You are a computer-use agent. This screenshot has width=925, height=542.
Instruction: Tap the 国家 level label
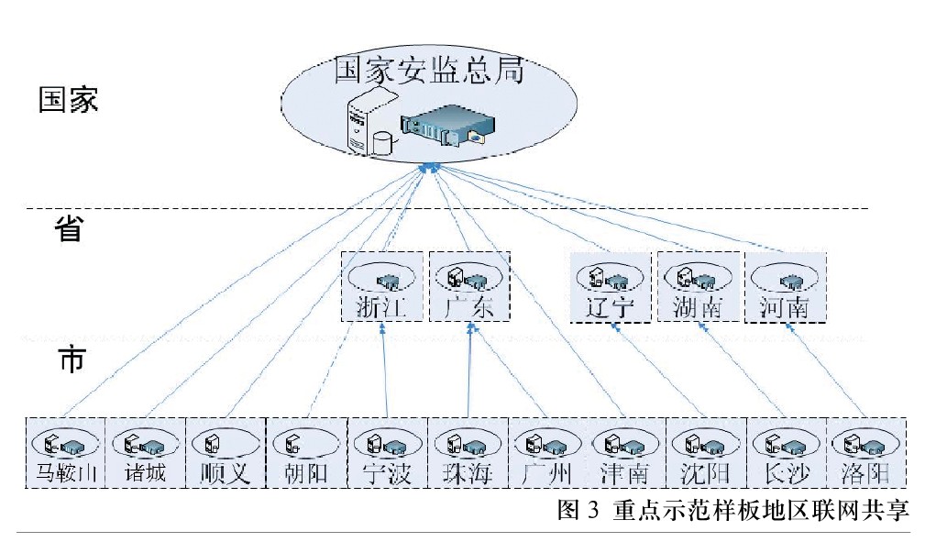click(x=69, y=100)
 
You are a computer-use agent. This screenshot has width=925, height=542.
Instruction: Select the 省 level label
click(x=69, y=229)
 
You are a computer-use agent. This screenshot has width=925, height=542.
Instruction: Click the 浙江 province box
click(x=382, y=287)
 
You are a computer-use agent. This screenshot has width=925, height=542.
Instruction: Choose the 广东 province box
click(x=468, y=287)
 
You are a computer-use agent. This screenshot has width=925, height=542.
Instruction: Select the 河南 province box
click(x=784, y=287)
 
